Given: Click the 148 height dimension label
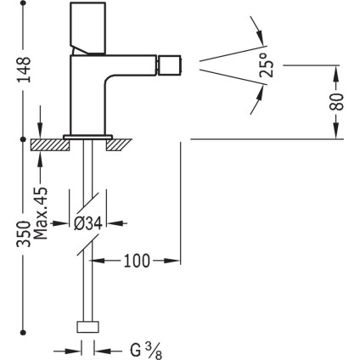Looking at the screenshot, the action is click(x=24, y=70).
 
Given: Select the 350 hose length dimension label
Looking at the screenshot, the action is click(x=23, y=234).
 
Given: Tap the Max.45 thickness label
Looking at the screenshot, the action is click(x=41, y=213).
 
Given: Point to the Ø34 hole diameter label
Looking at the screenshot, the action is click(x=87, y=224).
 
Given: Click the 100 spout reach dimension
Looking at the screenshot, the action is click(x=137, y=261).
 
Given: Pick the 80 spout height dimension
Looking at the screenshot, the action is click(x=336, y=102).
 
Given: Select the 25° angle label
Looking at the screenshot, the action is click(x=267, y=65).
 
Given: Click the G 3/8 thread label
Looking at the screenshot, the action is click(x=146, y=351).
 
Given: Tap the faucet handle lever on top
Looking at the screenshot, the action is click(x=88, y=28).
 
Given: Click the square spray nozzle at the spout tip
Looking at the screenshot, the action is click(x=170, y=65).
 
